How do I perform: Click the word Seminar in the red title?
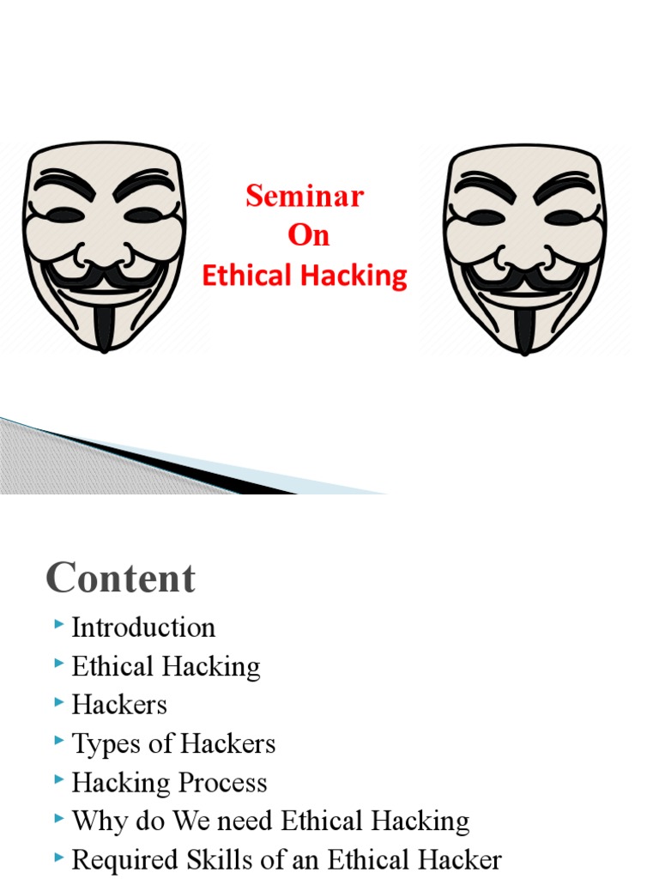pos(305,197)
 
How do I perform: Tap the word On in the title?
pos(308,236)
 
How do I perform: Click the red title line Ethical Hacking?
pos(304,276)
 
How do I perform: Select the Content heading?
pos(120,578)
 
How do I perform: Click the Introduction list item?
pos(143,627)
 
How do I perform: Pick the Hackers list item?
pos(119,705)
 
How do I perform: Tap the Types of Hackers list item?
pos(173,743)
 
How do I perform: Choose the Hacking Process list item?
pos(169,783)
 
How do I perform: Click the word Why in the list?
pos(94,821)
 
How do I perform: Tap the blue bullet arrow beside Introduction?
pos(58,626)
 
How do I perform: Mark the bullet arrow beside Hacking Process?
pos(58,781)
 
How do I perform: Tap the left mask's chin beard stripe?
pos(104,324)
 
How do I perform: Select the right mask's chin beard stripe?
pos(524,326)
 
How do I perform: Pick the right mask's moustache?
pos(524,277)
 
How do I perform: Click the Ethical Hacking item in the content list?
pos(166,666)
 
